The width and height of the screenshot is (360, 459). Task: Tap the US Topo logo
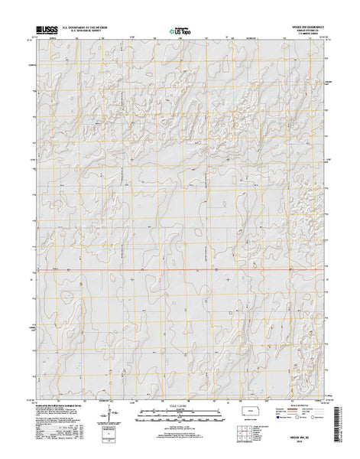click(x=180, y=32)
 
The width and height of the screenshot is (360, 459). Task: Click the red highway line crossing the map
click(x=180, y=269)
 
